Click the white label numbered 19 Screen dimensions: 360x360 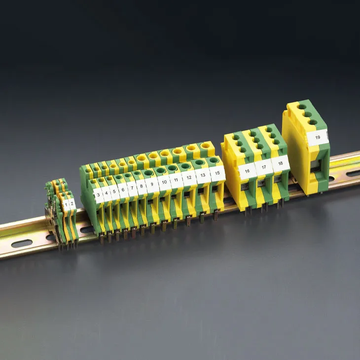click(318, 137)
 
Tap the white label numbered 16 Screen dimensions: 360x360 click(247, 171)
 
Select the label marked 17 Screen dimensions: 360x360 click(263, 167)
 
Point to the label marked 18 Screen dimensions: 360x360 click(280, 163)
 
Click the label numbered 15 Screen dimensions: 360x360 click(217, 173)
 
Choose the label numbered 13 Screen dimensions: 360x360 click(203, 175)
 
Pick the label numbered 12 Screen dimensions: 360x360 click(189, 178)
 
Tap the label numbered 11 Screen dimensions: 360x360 click(176, 180)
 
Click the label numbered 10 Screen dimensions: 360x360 click(164, 182)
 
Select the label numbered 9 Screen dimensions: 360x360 click(152, 184)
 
